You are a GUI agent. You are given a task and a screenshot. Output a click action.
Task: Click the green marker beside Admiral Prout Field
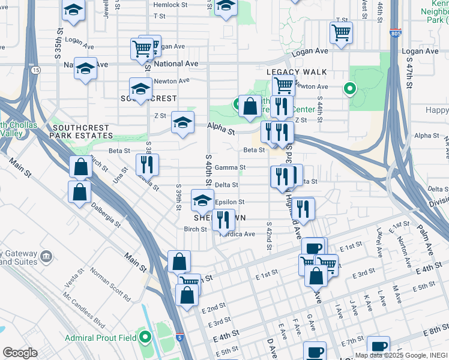pos(145,338)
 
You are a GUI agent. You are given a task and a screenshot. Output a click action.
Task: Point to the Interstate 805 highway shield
pos(394,34)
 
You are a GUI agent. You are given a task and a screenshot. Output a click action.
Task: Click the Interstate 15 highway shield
pos(36,70)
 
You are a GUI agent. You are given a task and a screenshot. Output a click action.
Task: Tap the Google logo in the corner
pos(19,353)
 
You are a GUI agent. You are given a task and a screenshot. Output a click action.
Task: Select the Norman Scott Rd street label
pos(110,284)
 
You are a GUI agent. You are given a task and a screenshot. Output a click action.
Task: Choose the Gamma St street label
pos(234,167)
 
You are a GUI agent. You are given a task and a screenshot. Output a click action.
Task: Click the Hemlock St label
pos(170,5)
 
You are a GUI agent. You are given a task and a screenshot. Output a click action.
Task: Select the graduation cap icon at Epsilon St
pos(203,200)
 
